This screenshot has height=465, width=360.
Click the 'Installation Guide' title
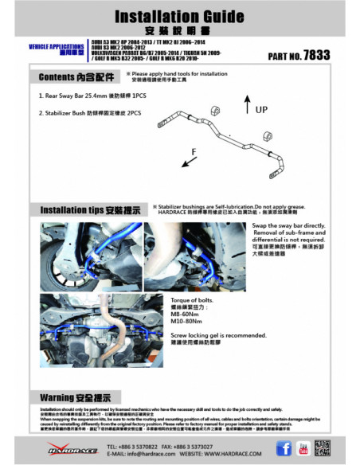tap(180, 15)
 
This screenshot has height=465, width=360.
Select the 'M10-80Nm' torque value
tap(233, 323)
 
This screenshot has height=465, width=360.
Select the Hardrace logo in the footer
tap(72, 449)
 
